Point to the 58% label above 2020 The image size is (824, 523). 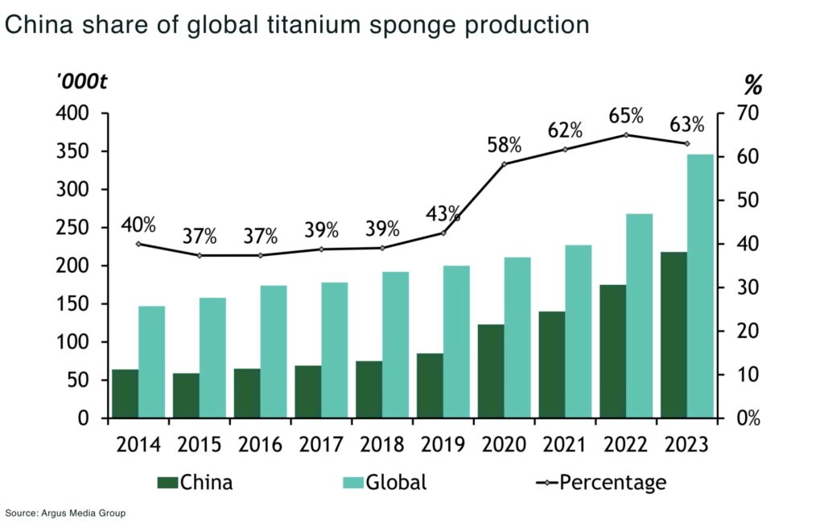tap(505, 146)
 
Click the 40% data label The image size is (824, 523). tap(138, 224)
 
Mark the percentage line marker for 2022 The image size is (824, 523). tap(627, 135)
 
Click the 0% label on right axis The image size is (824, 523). tap(744, 418)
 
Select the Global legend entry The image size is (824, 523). tap(384, 482)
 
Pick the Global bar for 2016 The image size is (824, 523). tap(274, 352)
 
